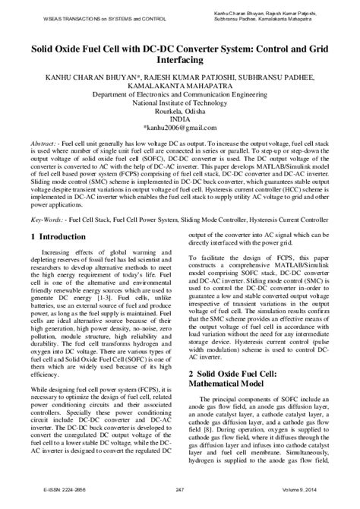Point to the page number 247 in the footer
click(x=180, y=498)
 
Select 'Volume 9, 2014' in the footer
click(x=321, y=498)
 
